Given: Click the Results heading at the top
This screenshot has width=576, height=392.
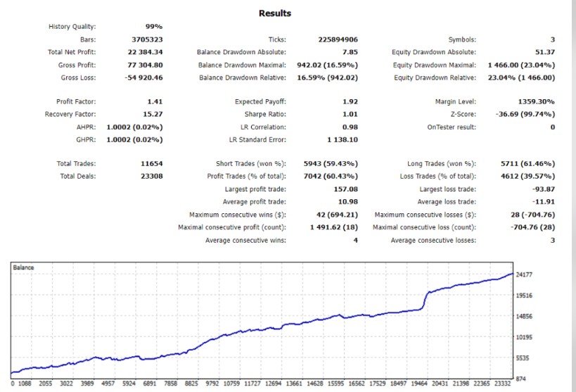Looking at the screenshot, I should pyautogui.click(x=274, y=13).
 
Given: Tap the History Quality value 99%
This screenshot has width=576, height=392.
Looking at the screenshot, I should pyautogui.click(x=153, y=27).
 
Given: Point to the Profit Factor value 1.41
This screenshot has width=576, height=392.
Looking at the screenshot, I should pyautogui.click(x=155, y=102).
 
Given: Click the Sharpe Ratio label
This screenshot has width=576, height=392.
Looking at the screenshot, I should pyautogui.click(x=267, y=114).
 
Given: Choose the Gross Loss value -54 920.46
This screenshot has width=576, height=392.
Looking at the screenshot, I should pyautogui.click(x=144, y=77).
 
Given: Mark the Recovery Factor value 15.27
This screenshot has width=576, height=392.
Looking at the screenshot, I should pyautogui.click(x=153, y=114).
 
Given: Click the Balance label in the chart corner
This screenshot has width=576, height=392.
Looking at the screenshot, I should pyautogui.click(x=24, y=268).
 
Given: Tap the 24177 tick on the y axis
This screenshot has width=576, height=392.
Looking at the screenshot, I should pyautogui.click(x=524, y=274).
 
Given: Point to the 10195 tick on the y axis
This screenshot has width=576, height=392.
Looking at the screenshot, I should pyautogui.click(x=524, y=337).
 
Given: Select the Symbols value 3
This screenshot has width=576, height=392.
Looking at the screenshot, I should pyautogui.click(x=552, y=39).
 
